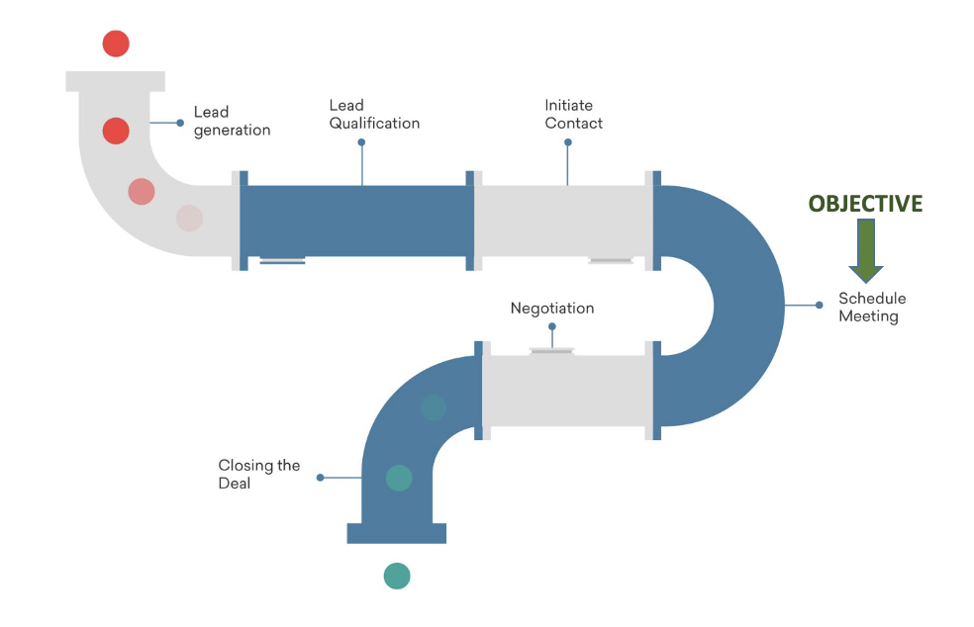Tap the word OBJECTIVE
[865, 204]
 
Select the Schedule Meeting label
[871, 308]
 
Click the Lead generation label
[232, 122]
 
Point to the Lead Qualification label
[374, 115]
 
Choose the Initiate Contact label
[573, 115]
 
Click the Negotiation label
[552, 309]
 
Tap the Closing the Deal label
[258, 474]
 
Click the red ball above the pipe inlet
[116, 44]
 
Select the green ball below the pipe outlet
[397, 576]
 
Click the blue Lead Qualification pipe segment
[356, 221]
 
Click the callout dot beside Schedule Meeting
[819, 306]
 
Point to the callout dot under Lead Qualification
[361, 142]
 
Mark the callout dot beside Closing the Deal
[320, 478]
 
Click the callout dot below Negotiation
[552, 326]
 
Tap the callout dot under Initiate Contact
[568, 142]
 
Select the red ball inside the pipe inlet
[116, 131]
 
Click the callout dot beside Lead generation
[180, 123]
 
